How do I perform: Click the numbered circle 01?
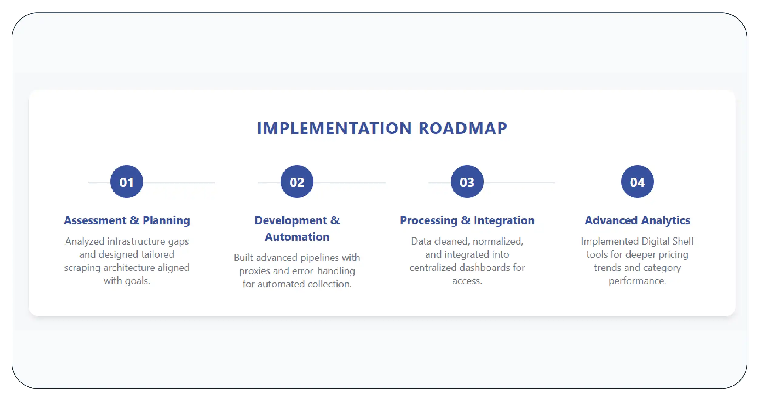pos(126,182)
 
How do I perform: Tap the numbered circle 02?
pos(297,182)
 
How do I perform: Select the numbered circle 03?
pos(467,182)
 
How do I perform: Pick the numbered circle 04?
pos(638,182)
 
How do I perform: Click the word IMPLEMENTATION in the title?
pos(335,128)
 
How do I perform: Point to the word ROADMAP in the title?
pos(463,128)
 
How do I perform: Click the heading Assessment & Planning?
pos(127,221)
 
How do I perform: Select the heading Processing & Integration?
pos(467,221)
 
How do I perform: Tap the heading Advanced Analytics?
pos(638,221)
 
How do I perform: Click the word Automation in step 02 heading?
pos(297,237)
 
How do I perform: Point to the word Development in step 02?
pos(291,221)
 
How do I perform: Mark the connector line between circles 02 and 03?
pos(349,182)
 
